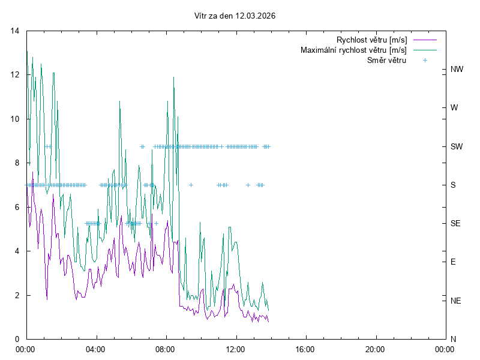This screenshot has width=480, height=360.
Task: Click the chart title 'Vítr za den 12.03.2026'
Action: [x=239, y=16]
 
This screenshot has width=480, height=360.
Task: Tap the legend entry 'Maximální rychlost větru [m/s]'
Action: [x=353, y=50]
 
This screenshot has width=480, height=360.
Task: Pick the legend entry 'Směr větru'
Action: [x=386, y=60]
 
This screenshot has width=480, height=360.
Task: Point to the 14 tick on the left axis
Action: [x=15, y=31]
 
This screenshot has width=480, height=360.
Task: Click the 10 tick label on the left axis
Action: [x=15, y=119]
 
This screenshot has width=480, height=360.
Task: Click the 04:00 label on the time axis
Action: [x=95, y=349]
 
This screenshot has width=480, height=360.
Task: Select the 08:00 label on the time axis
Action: [x=166, y=349]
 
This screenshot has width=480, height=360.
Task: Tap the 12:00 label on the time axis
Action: [x=236, y=349]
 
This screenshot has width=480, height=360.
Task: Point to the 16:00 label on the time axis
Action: [x=305, y=349]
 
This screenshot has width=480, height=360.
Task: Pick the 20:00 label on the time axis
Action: [x=376, y=349]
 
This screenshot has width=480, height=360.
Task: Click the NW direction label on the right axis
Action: [x=457, y=70]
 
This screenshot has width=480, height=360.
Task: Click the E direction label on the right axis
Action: [x=453, y=262]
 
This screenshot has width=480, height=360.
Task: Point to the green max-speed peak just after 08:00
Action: [x=173, y=77]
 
